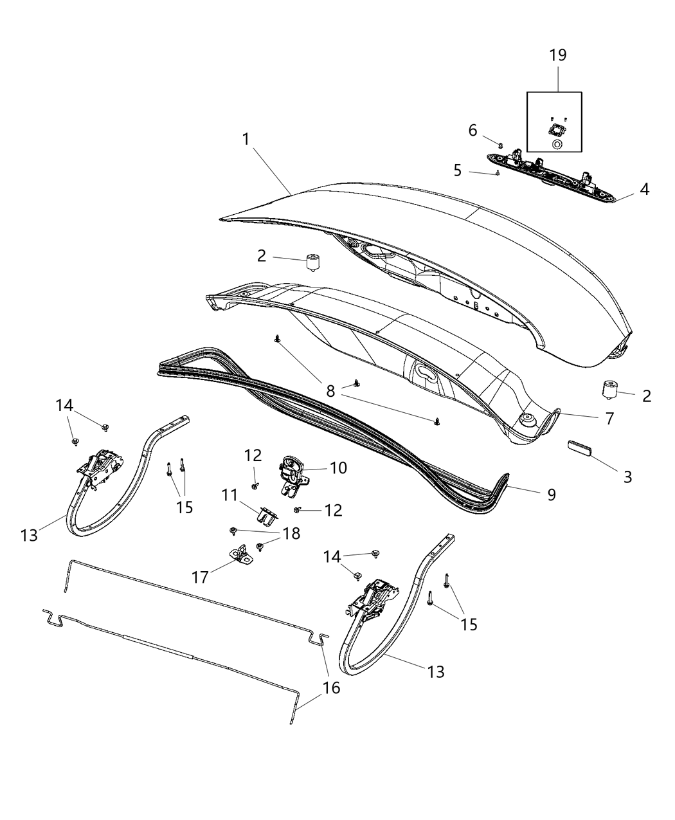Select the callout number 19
click(557, 55)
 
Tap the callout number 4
click(643, 190)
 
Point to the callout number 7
click(609, 418)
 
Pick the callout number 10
click(338, 468)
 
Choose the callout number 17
click(201, 578)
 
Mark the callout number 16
click(331, 688)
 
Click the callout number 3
click(627, 477)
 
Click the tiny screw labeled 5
click(498, 172)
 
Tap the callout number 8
click(330, 391)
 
